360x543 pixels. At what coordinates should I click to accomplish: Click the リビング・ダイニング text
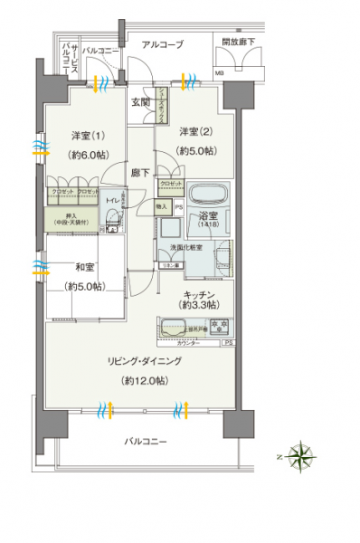[x=146, y=360]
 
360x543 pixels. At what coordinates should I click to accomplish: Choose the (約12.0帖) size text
[x=146, y=380]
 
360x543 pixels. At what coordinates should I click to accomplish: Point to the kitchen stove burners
[x=218, y=325]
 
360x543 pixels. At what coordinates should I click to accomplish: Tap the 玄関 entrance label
[x=140, y=102]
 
